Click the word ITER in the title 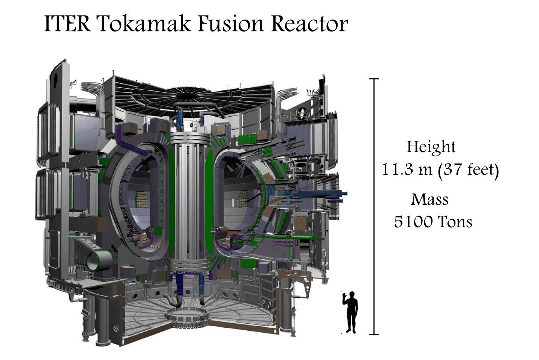(x=68, y=24)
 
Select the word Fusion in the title (x=231, y=24)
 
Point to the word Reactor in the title (x=309, y=24)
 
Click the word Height (x=431, y=147)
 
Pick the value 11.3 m (x=407, y=169)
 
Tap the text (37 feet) (x=468, y=170)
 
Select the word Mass (x=429, y=199)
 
